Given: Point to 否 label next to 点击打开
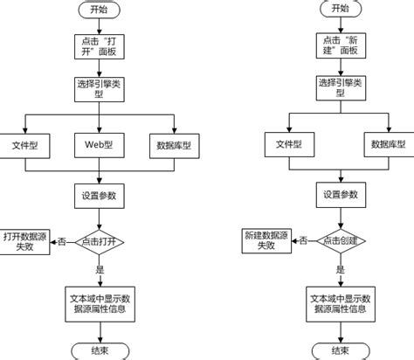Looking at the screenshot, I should tap(62, 242).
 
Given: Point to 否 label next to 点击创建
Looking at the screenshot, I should tap(301, 242).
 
